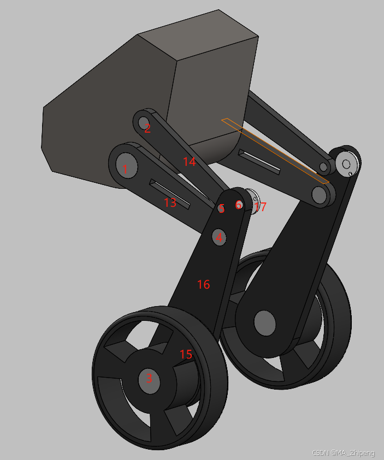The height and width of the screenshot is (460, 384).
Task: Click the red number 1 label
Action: pos(125,169)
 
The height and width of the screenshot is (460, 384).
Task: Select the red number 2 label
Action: pos(147,129)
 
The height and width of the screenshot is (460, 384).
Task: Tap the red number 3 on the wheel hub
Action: pos(149,378)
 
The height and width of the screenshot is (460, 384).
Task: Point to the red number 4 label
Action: pos(219,237)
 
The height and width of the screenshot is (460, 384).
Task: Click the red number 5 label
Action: pos(221,208)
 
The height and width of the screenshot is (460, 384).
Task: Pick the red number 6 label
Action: pos(238,205)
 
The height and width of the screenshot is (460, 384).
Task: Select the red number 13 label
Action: pos(170,202)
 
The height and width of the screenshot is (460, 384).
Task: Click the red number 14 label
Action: pos(189,162)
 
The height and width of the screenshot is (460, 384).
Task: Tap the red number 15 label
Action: pos(186,354)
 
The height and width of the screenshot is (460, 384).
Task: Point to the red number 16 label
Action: pos(203,284)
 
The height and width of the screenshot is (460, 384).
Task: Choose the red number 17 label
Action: pos(260,207)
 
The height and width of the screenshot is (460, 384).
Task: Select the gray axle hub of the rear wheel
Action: pos(265,322)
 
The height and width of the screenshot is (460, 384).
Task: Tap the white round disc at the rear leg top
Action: pos(346,163)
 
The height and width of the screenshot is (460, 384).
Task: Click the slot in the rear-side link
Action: pos(260,162)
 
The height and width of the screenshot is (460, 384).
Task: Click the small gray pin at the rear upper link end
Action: pos(324,166)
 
